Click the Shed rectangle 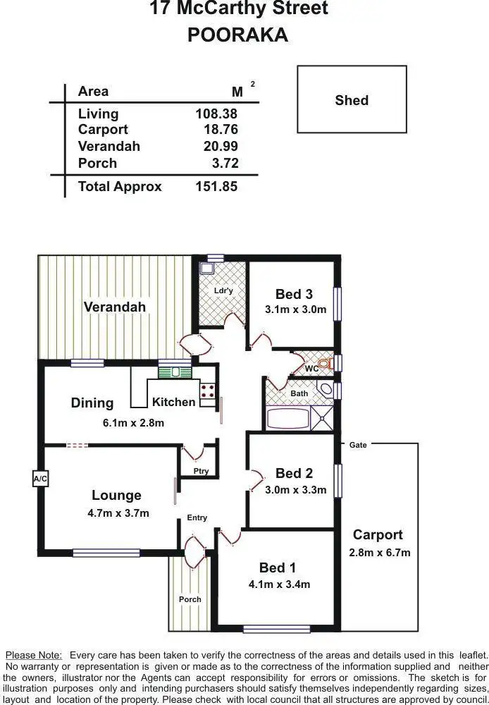(x=352, y=99)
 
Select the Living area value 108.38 (x=216, y=114)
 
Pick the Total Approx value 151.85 (x=216, y=187)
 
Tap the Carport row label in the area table (x=103, y=130)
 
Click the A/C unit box (x=40, y=479)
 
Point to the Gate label (x=358, y=445)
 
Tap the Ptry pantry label (x=201, y=471)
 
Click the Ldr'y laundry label (x=223, y=290)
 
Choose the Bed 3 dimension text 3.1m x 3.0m (x=295, y=309)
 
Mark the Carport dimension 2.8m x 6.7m (x=379, y=553)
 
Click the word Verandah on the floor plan (x=115, y=307)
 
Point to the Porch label (x=190, y=599)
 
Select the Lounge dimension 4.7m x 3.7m (x=118, y=513)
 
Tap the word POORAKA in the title (x=237, y=35)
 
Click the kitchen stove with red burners (x=208, y=392)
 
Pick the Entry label (x=197, y=517)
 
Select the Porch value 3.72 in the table (x=225, y=164)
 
